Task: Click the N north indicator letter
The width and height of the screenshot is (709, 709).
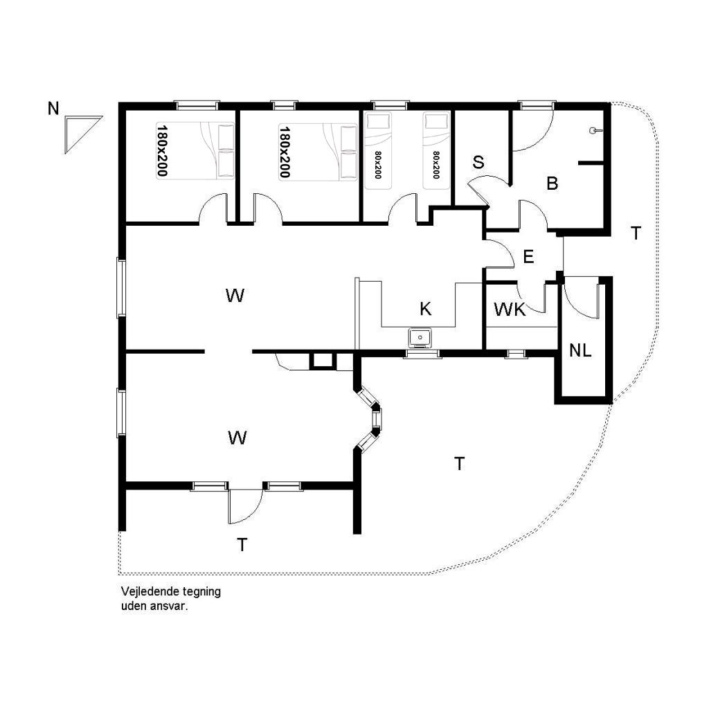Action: click(x=53, y=109)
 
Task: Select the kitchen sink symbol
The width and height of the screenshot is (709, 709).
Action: click(x=420, y=337)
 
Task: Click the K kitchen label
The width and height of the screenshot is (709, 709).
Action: click(x=426, y=309)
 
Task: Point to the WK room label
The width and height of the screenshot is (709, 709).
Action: click(x=510, y=309)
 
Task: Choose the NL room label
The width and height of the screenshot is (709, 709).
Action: click(x=580, y=350)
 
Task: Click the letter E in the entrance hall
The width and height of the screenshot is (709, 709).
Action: click(x=528, y=257)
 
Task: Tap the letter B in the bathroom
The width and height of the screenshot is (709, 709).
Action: click(x=552, y=183)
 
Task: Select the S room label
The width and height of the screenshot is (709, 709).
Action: click(x=478, y=162)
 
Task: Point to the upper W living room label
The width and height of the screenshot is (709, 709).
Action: click(x=235, y=296)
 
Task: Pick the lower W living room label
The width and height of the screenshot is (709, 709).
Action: click(x=237, y=438)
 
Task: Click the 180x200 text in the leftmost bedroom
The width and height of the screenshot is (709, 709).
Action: click(x=162, y=151)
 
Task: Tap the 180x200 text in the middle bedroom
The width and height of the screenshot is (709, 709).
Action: click(x=285, y=151)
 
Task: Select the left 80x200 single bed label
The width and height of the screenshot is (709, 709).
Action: click(x=378, y=165)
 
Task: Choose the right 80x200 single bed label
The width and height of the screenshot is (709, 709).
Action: click(x=436, y=165)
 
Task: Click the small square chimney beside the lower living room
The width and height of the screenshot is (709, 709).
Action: click(x=323, y=361)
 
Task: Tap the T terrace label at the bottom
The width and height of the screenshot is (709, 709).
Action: click(x=242, y=546)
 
